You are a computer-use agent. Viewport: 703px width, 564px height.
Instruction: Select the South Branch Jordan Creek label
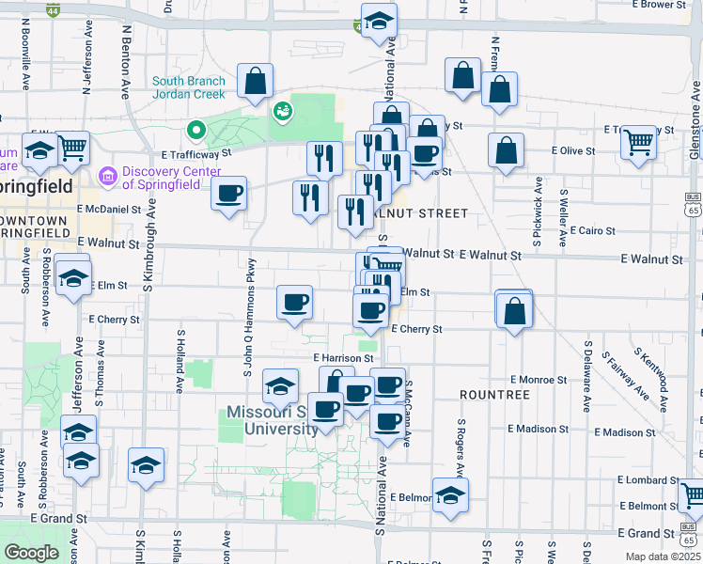pos(189,87)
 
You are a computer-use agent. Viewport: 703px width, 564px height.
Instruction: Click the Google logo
pos(31,552)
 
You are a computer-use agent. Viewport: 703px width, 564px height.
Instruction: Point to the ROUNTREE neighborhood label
pos(495,395)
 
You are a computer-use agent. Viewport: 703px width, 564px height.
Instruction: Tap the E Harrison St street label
pos(344,358)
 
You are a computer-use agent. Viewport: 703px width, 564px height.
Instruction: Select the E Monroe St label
pos(538,380)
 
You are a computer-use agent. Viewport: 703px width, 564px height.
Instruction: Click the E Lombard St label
pos(642,479)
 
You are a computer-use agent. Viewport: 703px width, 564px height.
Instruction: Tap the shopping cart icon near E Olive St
pos(639,142)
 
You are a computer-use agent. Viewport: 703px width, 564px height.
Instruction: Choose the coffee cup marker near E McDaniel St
pos(229,195)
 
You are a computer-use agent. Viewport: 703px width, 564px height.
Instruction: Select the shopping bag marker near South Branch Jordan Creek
pos(255,82)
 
